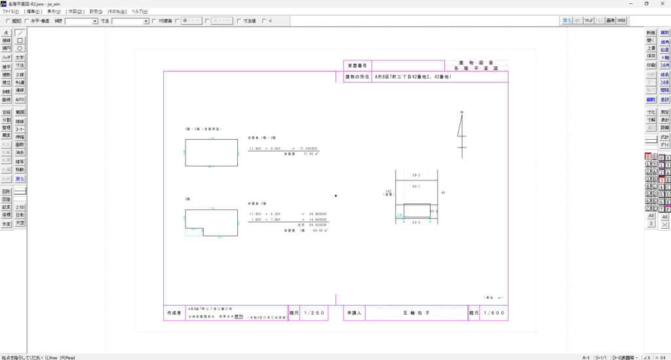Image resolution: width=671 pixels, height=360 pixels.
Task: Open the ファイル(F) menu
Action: [11, 12]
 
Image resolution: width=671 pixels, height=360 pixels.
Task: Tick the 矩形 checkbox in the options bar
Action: [7, 21]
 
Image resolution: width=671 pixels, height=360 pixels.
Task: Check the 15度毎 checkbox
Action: [154, 21]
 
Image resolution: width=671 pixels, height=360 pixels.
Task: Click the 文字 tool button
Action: [20, 58]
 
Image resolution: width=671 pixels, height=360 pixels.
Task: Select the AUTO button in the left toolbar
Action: [20, 100]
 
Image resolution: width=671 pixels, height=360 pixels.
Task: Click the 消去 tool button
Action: [20, 153]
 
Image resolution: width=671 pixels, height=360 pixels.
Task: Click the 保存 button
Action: [651, 56]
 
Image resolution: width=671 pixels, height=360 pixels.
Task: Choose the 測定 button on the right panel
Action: [665, 112]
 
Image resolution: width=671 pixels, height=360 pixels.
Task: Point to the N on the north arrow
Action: [461, 113]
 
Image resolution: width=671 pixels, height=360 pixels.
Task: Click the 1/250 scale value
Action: [316, 313]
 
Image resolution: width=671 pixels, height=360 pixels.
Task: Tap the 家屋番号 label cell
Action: [357, 66]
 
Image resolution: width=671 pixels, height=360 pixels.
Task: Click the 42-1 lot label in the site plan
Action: [417, 186]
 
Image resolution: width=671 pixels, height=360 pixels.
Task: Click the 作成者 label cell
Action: [172, 313]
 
